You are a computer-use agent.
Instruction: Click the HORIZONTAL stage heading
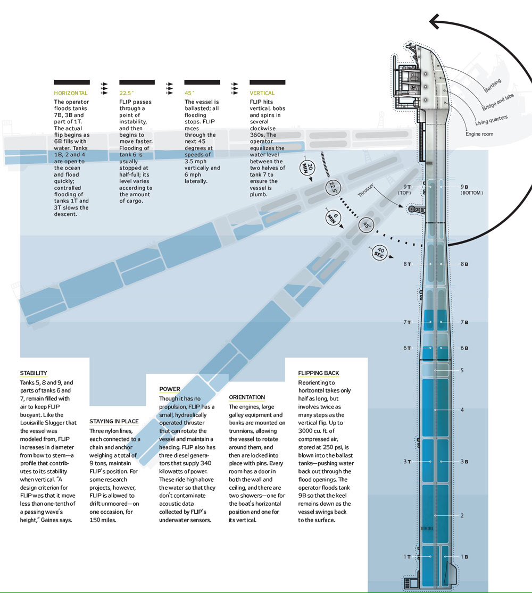[x=71, y=93]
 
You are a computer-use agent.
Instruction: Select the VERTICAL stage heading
[x=262, y=93]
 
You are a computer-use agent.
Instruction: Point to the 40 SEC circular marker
[x=380, y=253]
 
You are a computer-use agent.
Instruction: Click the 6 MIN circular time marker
[x=332, y=218]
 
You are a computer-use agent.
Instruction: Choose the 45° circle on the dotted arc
[x=367, y=225]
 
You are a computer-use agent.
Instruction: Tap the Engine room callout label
[x=479, y=134]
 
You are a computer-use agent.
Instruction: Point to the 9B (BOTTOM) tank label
[x=471, y=189]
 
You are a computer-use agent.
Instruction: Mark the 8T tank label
[x=407, y=264]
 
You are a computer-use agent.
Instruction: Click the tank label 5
[x=462, y=370]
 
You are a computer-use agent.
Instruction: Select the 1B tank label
[x=464, y=557]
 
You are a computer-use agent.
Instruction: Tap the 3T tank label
[x=407, y=462]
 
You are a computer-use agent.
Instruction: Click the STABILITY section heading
[x=34, y=373]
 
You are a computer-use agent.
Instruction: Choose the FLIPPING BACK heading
[x=319, y=373]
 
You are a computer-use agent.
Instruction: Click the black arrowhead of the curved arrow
[x=437, y=22]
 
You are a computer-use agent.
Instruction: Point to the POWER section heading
[x=170, y=389]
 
